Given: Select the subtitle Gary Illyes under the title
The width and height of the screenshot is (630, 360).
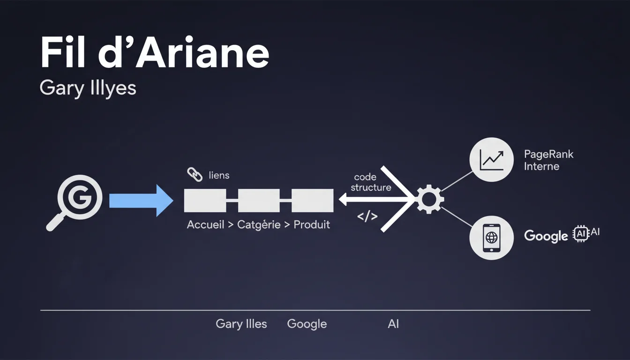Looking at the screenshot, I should point(88,88).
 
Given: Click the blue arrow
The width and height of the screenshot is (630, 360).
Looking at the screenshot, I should point(141,201).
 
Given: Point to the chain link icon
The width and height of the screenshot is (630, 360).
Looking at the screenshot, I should point(195,175).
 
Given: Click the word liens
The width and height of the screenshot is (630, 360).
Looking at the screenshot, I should point(219,176).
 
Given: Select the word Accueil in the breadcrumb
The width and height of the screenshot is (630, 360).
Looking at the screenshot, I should point(205,225).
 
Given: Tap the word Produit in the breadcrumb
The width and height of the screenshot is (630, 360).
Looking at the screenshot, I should point(312,225).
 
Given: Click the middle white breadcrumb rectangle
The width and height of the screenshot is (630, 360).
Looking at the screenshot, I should point(259,201).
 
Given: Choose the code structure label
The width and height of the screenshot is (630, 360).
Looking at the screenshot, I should point(370,182).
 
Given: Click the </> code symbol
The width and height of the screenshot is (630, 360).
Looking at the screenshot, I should point(367,217).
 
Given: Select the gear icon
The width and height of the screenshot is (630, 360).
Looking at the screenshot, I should point(429,200).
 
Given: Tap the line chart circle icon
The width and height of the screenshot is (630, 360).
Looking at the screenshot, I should point(491,159).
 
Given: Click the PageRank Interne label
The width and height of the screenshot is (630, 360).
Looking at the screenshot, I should point(548,160).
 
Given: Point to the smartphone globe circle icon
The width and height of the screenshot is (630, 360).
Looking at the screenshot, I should point(491,237).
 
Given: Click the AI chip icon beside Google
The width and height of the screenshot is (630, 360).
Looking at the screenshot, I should point(580,233).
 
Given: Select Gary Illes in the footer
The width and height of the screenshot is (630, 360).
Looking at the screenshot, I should point(241,324).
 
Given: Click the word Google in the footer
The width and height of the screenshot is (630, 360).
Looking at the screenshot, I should point(307,324).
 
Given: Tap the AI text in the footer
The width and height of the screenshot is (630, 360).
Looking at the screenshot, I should point(393,324).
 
